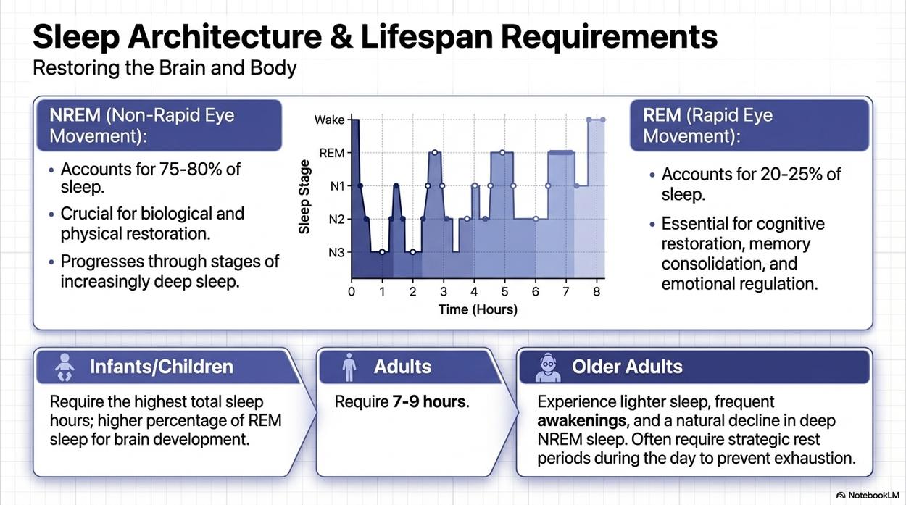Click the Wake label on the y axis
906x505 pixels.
tap(329, 120)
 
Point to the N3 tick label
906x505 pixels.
tap(336, 253)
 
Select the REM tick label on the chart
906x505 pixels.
tap(332, 153)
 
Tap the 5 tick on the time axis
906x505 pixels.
tap(504, 291)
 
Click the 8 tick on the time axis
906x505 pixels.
tap(597, 291)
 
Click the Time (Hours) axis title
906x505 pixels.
tap(478, 309)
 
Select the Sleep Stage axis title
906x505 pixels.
tap(304, 197)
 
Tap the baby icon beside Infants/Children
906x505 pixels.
tap(65, 367)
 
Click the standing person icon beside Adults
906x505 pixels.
tap(349, 367)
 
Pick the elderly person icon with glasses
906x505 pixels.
tap(548, 367)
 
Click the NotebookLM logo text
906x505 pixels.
tap(872, 496)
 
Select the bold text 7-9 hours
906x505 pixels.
tap(429, 402)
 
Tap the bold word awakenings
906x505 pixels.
tap(582, 421)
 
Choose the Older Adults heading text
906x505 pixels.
tap(627, 367)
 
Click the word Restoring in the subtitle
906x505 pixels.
tap(76, 68)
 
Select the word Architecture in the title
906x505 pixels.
tap(225, 37)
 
